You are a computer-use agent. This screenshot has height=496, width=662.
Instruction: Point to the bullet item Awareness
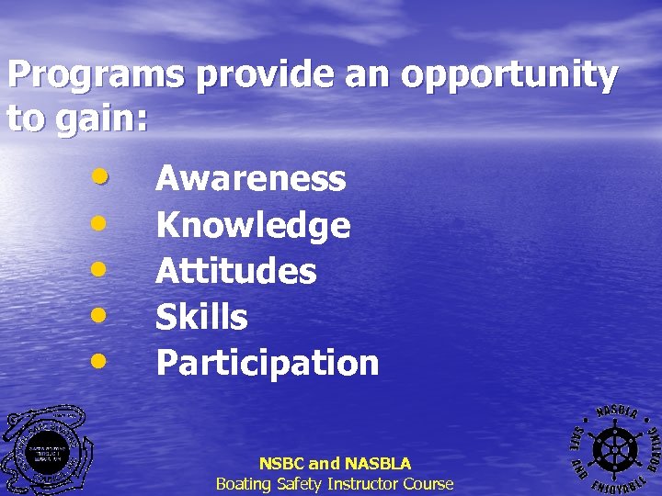[251, 178]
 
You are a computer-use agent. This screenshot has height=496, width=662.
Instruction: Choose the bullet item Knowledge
[253, 225]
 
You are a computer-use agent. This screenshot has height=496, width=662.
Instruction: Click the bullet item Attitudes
[236, 271]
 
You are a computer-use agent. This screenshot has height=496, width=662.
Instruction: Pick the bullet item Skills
[201, 317]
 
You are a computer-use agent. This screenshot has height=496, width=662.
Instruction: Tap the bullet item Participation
[267, 363]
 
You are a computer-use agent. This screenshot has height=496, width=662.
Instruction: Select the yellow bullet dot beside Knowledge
[103, 223]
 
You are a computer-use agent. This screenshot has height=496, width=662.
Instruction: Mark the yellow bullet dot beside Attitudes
[103, 269]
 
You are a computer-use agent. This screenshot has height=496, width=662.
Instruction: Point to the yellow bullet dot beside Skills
[103, 315]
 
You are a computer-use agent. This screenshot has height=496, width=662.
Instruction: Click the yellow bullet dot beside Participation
[103, 361]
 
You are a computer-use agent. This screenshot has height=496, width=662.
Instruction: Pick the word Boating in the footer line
[243, 483]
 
